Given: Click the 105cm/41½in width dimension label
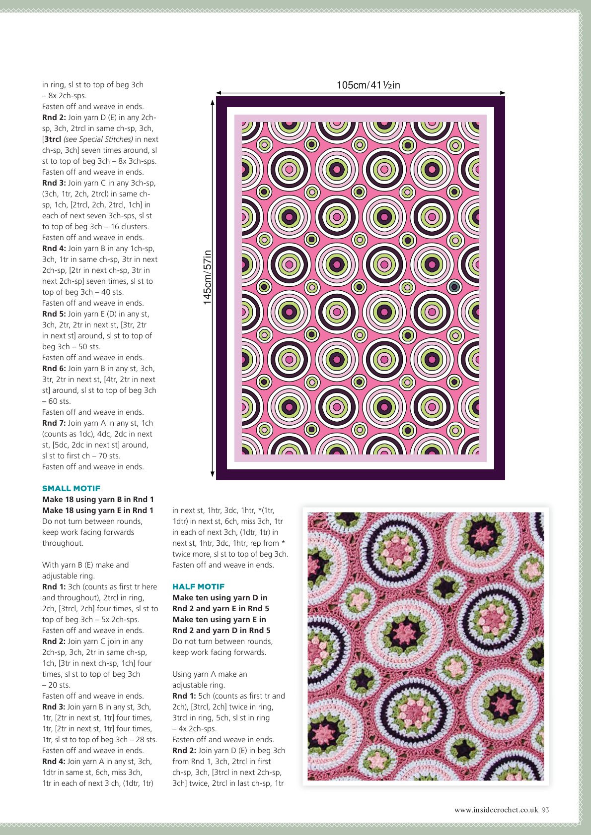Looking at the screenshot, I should (x=368, y=85).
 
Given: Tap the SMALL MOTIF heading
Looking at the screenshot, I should (x=71, y=488).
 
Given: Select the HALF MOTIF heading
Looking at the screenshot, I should (x=198, y=586).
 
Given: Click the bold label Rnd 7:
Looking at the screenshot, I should (x=54, y=423).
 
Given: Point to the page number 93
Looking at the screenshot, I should (x=545, y=810).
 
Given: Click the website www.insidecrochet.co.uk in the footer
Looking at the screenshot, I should (x=496, y=810).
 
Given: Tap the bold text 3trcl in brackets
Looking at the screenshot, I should (x=53, y=139).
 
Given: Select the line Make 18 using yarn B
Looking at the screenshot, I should (x=98, y=499).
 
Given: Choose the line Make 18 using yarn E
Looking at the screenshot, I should (x=98, y=510).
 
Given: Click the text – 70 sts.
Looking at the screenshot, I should (x=105, y=456).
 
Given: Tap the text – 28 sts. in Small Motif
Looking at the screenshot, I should (x=142, y=740).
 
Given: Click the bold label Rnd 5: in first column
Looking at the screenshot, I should (x=54, y=314).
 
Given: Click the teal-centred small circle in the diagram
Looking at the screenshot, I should (x=454, y=287).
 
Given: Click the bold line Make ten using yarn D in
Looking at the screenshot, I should (x=220, y=597).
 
